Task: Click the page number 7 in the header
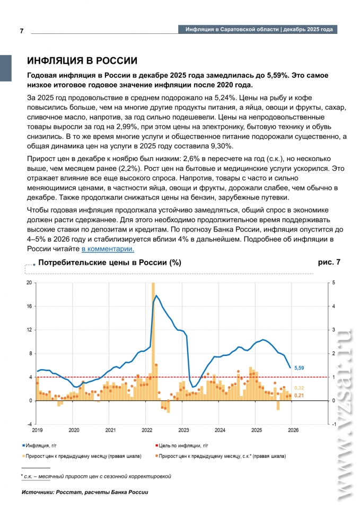(x=22, y=31)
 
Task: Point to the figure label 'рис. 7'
(x=329, y=262)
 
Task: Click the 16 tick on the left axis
(x=30, y=306)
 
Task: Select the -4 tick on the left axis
(x=30, y=425)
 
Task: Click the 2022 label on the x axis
(x=147, y=431)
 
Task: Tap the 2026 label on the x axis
(x=293, y=431)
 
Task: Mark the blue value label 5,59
(x=300, y=367)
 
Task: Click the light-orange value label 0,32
(x=300, y=388)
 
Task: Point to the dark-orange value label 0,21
(x=300, y=396)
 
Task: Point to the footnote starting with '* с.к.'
(x=96, y=476)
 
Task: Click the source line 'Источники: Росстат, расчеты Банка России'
(x=85, y=492)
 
